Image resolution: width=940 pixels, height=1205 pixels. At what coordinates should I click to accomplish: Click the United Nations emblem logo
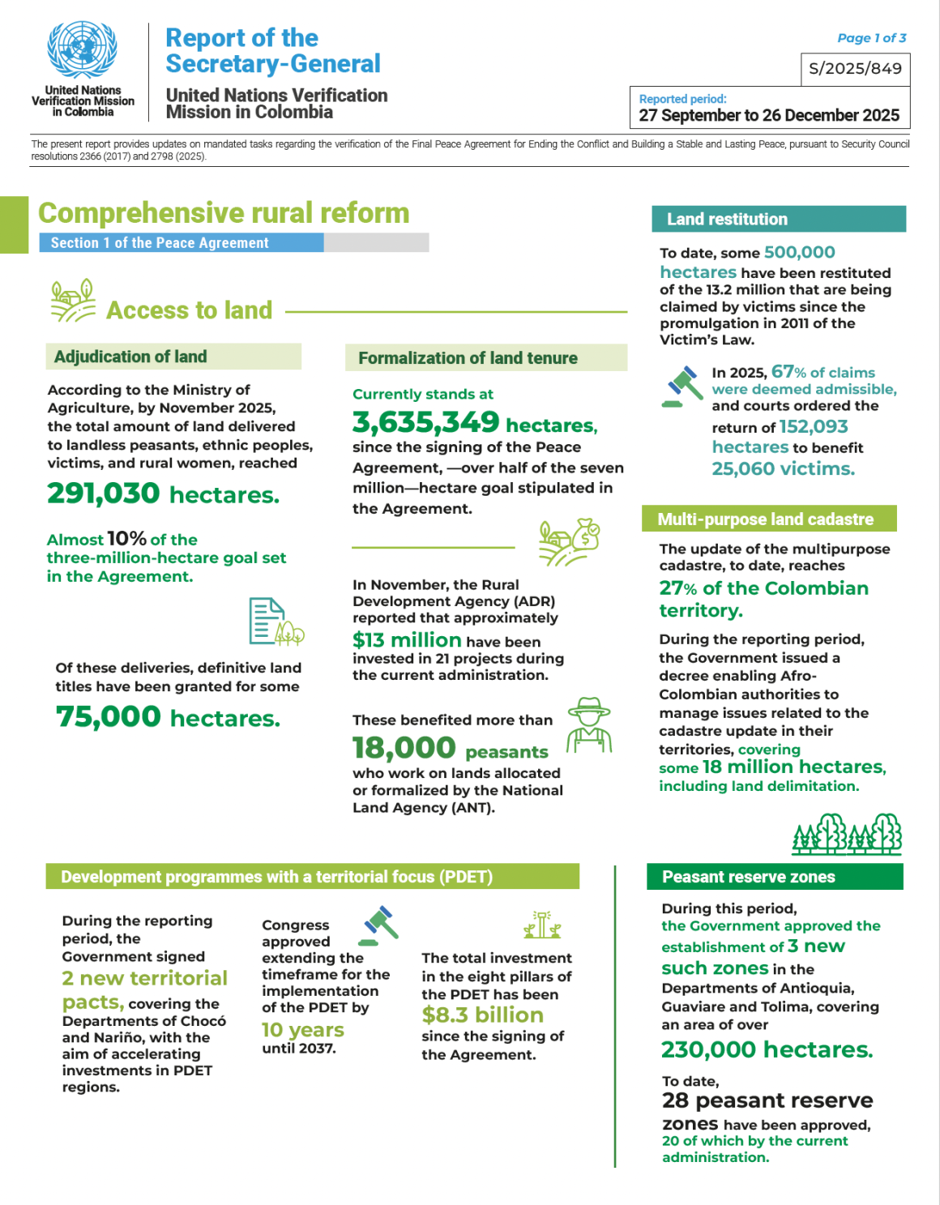(x=82, y=50)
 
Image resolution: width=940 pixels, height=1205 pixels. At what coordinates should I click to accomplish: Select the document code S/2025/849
(x=855, y=69)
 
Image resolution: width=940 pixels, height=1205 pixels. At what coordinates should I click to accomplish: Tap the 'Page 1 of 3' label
(x=871, y=38)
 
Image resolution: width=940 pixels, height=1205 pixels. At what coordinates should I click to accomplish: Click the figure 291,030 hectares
(x=163, y=494)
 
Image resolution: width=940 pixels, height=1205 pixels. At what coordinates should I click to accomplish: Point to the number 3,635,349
(x=425, y=422)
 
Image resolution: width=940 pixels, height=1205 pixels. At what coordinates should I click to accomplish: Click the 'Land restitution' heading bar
(x=778, y=219)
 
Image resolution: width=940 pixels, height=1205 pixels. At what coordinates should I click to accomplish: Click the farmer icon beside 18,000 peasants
(x=589, y=725)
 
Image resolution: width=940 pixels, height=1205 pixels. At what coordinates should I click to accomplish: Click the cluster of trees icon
(x=847, y=834)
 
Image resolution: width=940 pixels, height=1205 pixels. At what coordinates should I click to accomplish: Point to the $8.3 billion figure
(x=482, y=1015)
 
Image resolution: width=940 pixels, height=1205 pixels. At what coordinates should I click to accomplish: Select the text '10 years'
(x=302, y=1030)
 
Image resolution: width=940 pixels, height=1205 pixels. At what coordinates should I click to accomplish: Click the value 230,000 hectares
(x=767, y=1050)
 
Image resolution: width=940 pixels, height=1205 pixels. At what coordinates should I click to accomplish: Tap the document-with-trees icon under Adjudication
(x=275, y=622)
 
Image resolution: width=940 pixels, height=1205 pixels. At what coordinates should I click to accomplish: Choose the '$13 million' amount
(x=407, y=640)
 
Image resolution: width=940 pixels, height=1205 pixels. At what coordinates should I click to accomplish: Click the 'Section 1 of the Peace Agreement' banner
(x=182, y=242)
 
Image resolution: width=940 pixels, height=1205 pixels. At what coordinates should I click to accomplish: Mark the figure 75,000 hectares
(x=168, y=717)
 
